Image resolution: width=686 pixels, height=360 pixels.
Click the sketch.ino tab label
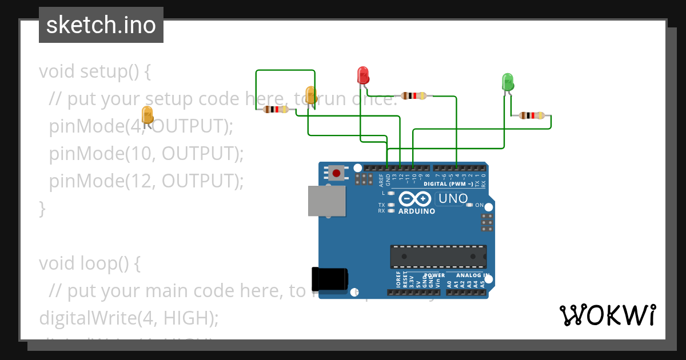coord(101,26)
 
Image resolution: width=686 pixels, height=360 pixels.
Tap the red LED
coord(362,75)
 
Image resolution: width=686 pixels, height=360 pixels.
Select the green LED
coord(507,82)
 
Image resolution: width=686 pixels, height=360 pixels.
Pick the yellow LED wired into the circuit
coord(311,95)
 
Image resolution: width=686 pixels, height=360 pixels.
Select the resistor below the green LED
coord(532,115)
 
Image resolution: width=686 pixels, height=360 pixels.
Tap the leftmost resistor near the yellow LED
coord(275,109)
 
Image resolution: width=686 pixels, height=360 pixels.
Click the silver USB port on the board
coord(327,201)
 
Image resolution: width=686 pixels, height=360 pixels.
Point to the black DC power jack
coord(329,278)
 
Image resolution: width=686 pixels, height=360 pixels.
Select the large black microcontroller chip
coord(438,257)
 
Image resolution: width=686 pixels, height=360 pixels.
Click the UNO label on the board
coord(452,199)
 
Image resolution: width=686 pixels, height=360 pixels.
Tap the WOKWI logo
coord(607,315)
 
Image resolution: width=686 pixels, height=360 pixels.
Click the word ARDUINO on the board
coord(416,211)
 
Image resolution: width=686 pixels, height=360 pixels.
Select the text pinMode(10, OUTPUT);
coord(146,153)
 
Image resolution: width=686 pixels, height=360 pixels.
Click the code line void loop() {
coord(90,263)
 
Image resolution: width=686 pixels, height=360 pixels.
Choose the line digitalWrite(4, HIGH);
coord(129,318)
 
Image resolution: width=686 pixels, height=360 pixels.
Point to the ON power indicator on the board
coord(478,205)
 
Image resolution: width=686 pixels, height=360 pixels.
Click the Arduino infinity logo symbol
coord(415,199)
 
